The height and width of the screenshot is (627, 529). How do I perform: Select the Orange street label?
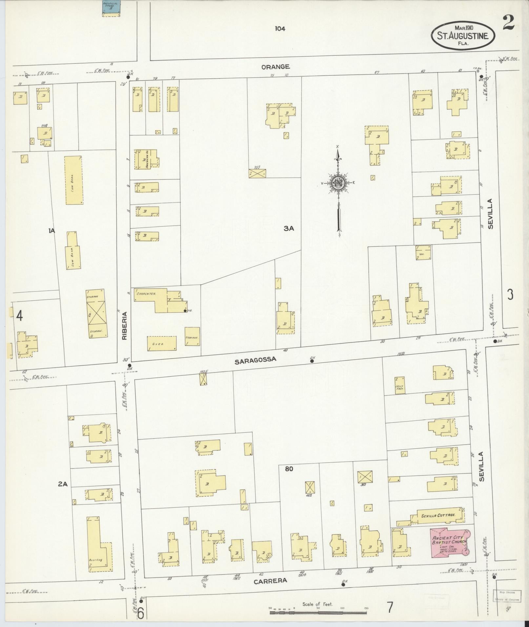pyautogui.click(x=275, y=67)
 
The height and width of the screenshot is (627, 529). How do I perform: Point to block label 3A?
pyautogui.click(x=289, y=229)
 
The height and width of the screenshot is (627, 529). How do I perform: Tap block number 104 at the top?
pyautogui.click(x=280, y=29)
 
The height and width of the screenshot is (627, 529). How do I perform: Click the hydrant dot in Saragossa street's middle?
pyautogui.click(x=312, y=361)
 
